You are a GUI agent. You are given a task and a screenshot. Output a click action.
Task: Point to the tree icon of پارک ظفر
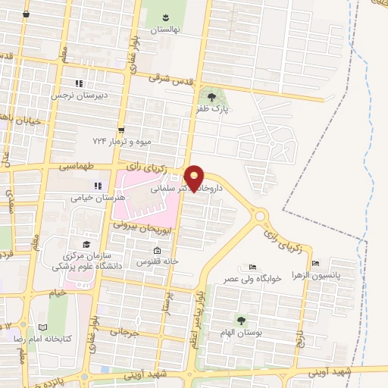coord(211,96)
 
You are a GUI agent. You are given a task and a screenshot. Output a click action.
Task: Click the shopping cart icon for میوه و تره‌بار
coord(120,130)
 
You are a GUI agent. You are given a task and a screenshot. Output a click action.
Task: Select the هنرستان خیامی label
coord(91,197)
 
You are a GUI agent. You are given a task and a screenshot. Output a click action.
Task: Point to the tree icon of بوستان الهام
coord(242,321)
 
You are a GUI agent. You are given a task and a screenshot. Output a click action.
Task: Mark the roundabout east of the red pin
coord(260,216)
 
